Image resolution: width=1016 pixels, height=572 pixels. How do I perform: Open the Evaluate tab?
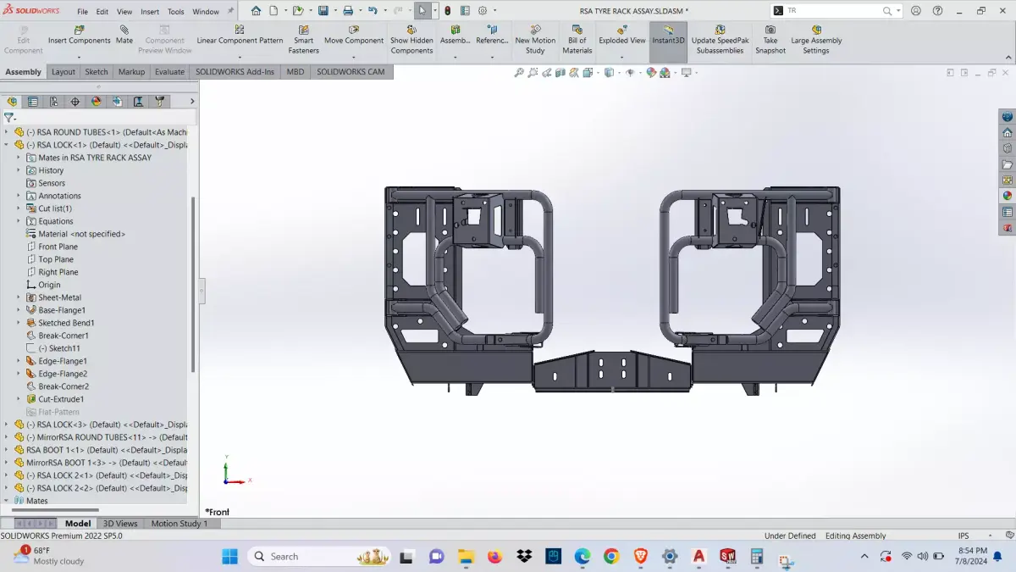[x=169, y=72]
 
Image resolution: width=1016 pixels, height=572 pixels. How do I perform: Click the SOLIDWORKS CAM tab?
[x=351, y=72]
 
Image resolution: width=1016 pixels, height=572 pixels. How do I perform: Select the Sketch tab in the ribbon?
[x=97, y=72]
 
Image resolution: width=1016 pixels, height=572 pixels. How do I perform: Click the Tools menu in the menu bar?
[x=175, y=12]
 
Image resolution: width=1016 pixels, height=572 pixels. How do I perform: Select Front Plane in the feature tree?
[x=58, y=247]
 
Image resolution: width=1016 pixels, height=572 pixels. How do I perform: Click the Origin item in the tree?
[x=49, y=285]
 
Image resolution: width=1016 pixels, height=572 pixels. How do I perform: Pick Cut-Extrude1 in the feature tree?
[x=61, y=399]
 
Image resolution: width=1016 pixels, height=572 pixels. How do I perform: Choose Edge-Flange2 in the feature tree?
[x=62, y=374]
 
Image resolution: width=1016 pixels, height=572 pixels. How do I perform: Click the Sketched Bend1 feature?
[x=66, y=323]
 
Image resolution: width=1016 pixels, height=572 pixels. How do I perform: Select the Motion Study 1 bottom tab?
[x=179, y=524]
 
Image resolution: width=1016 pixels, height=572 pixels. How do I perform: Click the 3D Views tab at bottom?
[x=120, y=524]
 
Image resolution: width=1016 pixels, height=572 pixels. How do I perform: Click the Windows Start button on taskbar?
[x=229, y=557]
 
